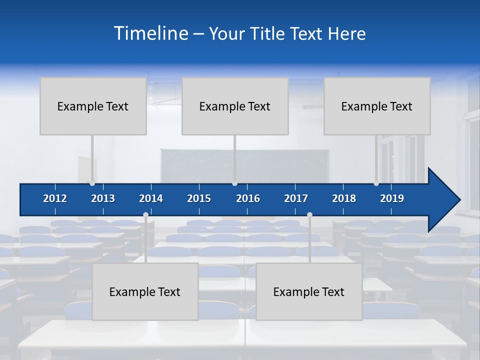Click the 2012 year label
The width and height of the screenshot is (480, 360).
point(55,198)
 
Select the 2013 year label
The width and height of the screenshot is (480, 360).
point(103,198)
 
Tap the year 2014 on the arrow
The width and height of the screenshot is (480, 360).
point(151,198)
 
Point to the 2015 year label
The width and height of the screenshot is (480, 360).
point(199,198)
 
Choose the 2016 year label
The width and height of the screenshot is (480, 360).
point(248,198)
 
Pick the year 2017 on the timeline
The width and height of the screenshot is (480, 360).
point(296,198)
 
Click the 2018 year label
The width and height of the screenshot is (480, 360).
point(344,198)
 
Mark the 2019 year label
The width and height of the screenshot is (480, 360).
point(392,198)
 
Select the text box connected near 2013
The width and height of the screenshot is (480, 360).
point(93,106)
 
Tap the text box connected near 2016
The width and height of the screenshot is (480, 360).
point(235,106)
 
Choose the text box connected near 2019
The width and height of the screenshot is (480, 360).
point(377,106)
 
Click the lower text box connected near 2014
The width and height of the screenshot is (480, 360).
point(145,291)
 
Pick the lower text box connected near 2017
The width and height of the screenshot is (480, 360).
point(309,291)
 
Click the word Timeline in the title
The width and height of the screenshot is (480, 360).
point(150,33)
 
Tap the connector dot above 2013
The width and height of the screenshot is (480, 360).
point(92,183)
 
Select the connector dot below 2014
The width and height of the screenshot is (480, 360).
point(145,215)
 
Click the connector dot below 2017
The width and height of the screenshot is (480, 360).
point(309,215)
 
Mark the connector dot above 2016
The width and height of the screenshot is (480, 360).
point(234,183)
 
